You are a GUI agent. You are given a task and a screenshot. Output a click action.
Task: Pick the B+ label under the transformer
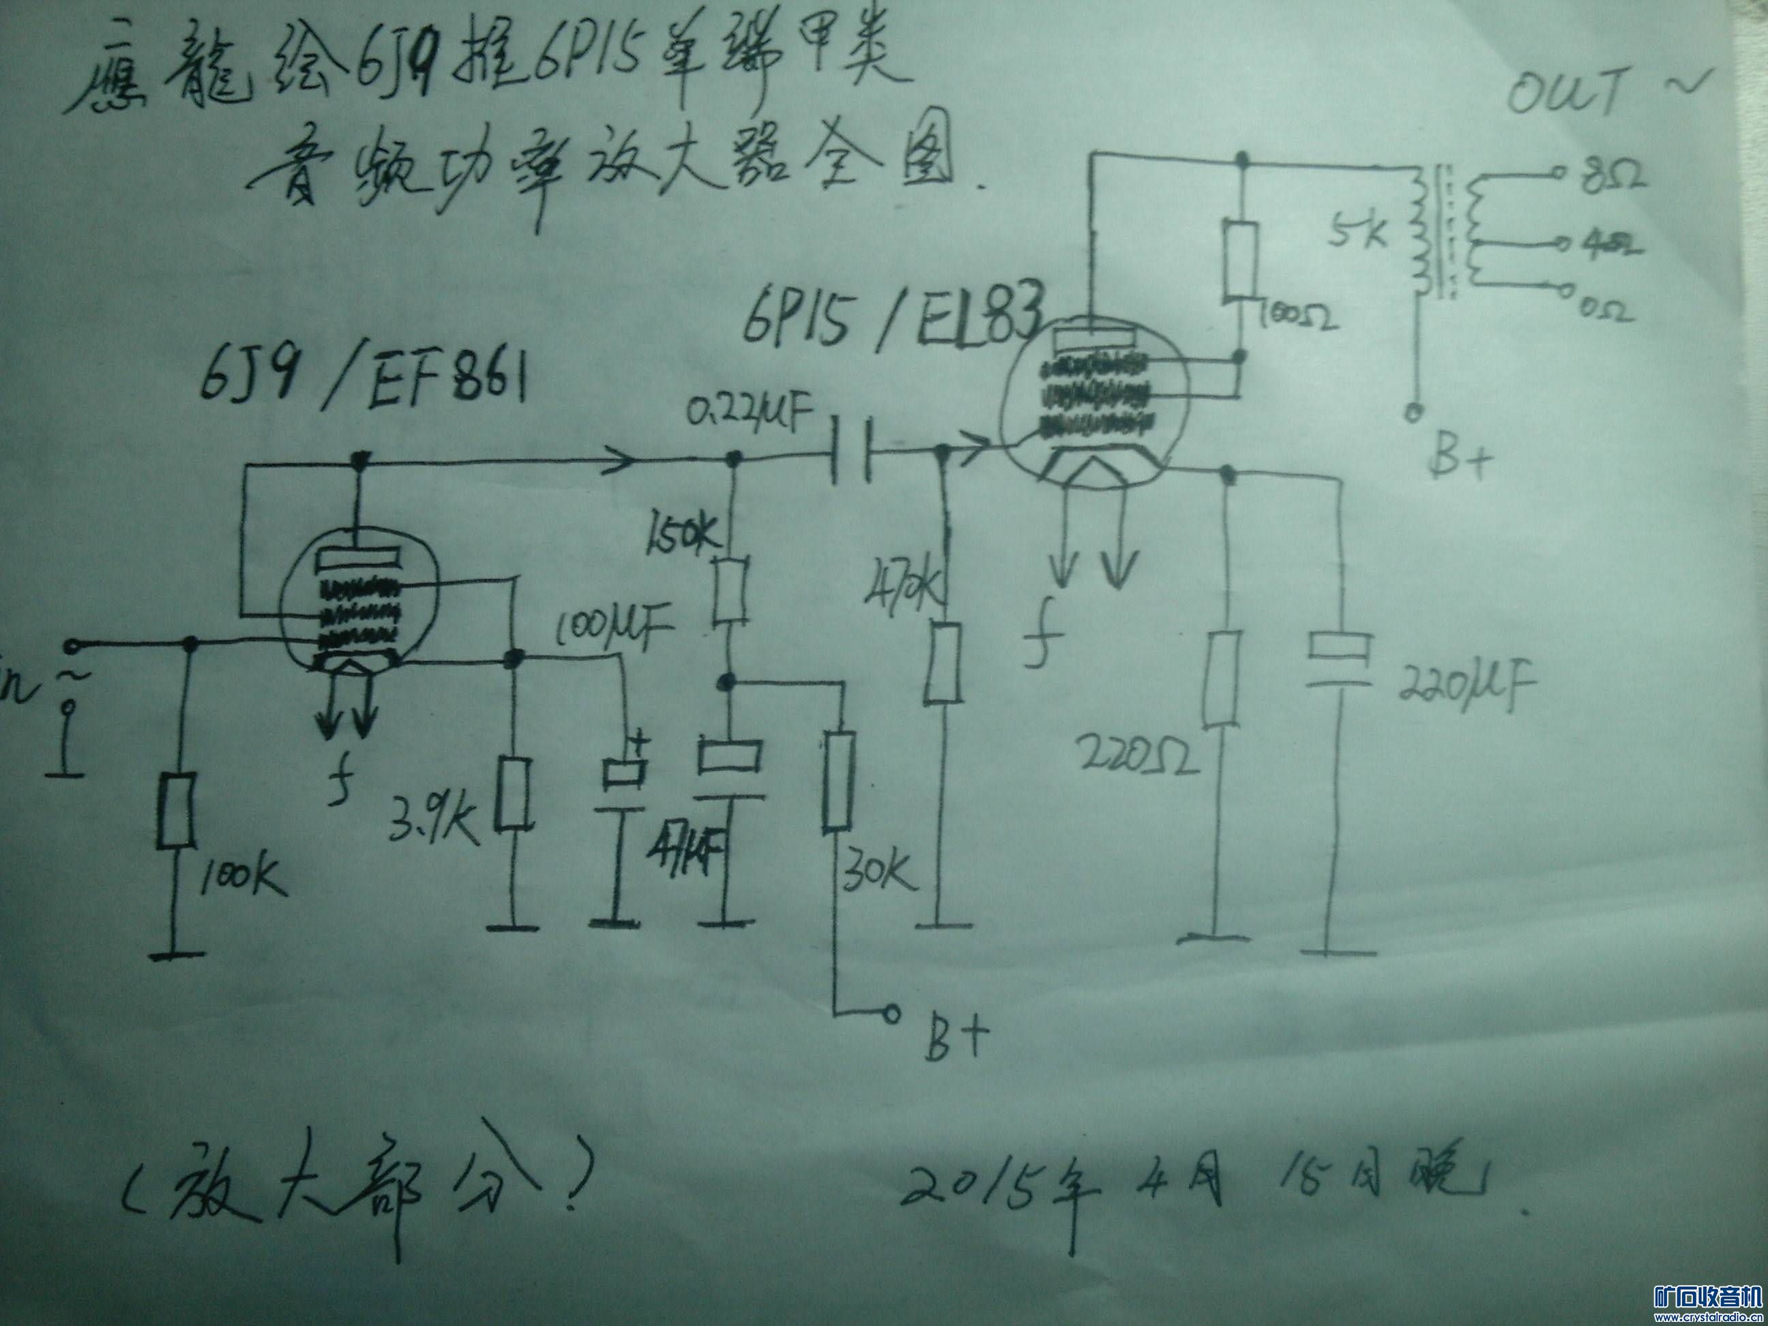(x=1459, y=460)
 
